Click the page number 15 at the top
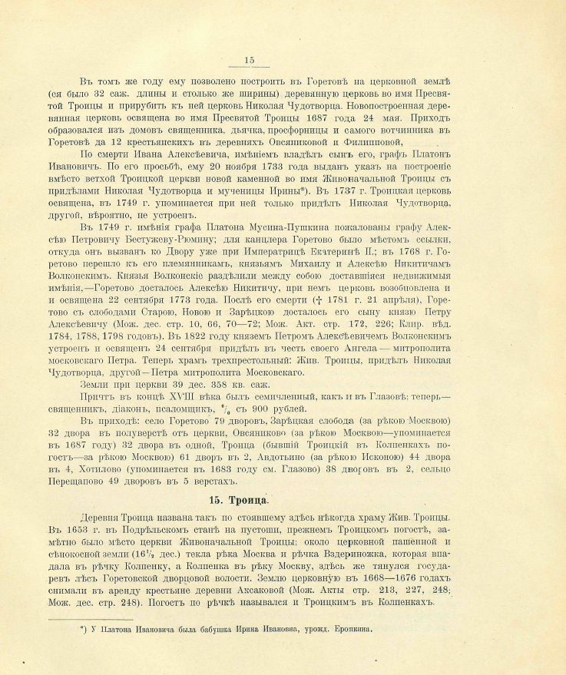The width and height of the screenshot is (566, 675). click(248, 61)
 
